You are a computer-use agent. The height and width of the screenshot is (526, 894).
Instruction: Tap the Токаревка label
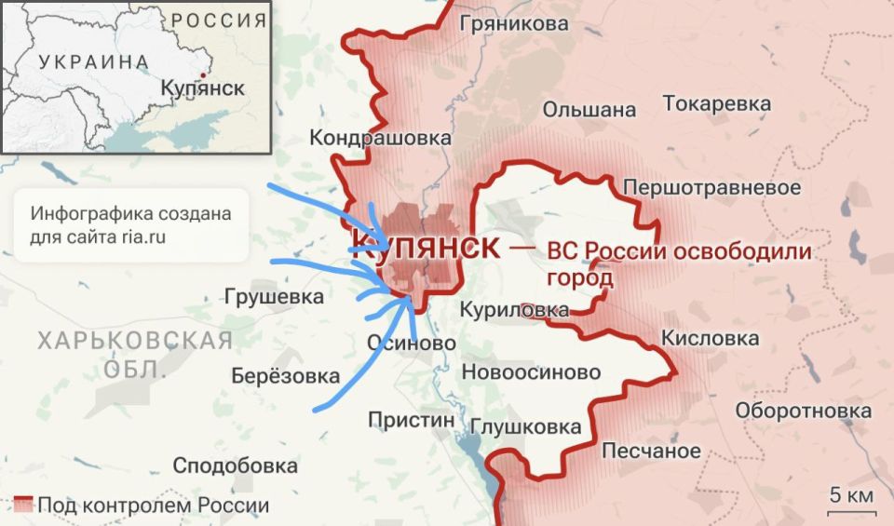716,103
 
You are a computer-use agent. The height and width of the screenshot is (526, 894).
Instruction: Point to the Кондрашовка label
380,138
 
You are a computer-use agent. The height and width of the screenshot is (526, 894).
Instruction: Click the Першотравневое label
711,188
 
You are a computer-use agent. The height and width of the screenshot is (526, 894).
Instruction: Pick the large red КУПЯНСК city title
425,247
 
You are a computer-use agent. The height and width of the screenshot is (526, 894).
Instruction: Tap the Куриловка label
516,309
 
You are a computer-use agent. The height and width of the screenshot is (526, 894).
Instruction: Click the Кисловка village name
710,339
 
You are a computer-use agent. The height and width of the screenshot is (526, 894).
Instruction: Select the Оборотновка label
803,411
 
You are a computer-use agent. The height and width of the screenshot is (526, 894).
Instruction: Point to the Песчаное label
651,452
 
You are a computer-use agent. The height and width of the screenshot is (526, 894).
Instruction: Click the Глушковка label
526,427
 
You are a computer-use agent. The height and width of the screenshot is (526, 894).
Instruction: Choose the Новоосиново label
532,373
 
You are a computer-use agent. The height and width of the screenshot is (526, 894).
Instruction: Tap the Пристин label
412,420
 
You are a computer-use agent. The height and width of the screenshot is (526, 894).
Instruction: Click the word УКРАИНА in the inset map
93,62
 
